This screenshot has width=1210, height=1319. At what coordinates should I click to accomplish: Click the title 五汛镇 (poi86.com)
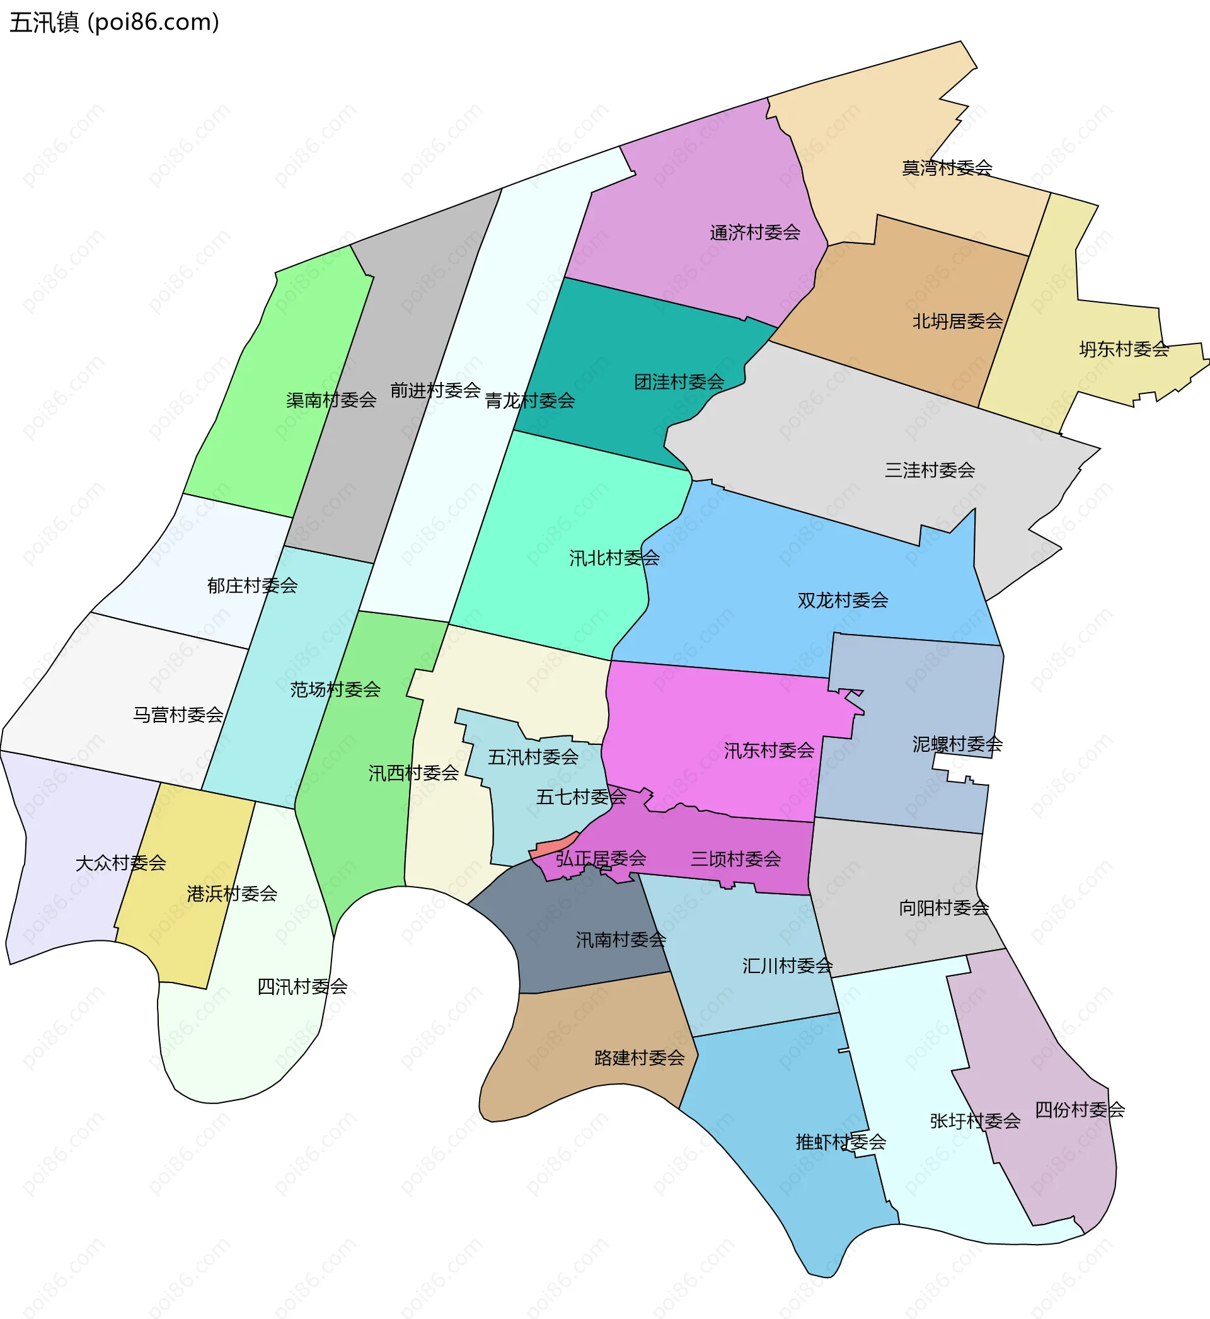point(115,23)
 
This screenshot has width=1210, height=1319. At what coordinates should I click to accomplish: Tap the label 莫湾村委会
point(947,168)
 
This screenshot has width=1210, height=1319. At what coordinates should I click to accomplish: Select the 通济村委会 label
point(755,233)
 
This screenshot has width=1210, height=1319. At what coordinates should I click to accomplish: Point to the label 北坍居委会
point(957,321)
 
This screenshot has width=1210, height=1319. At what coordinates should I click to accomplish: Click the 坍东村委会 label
point(1124,350)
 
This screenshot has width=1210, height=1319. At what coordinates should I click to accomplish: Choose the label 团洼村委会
point(679,382)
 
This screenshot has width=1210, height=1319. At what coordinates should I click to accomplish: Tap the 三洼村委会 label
point(930,470)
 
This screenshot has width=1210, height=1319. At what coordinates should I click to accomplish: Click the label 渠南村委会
point(331,400)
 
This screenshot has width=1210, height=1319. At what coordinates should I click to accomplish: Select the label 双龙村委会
point(843,600)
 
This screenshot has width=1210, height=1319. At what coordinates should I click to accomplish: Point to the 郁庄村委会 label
point(252,585)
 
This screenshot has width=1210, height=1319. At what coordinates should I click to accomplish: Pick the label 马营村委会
point(178,715)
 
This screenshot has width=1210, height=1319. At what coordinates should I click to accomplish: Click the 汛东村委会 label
point(769,750)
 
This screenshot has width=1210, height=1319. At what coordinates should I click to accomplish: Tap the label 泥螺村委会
point(957,744)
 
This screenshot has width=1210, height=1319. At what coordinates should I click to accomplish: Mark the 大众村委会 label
point(120,863)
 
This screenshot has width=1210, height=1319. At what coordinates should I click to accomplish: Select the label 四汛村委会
point(302,986)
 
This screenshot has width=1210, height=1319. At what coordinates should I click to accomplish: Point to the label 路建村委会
point(639,1058)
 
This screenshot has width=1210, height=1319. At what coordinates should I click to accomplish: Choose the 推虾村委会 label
point(841,1143)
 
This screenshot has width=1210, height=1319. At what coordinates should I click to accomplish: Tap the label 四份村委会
point(1080,1110)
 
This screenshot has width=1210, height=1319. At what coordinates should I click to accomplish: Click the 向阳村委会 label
point(943,908)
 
